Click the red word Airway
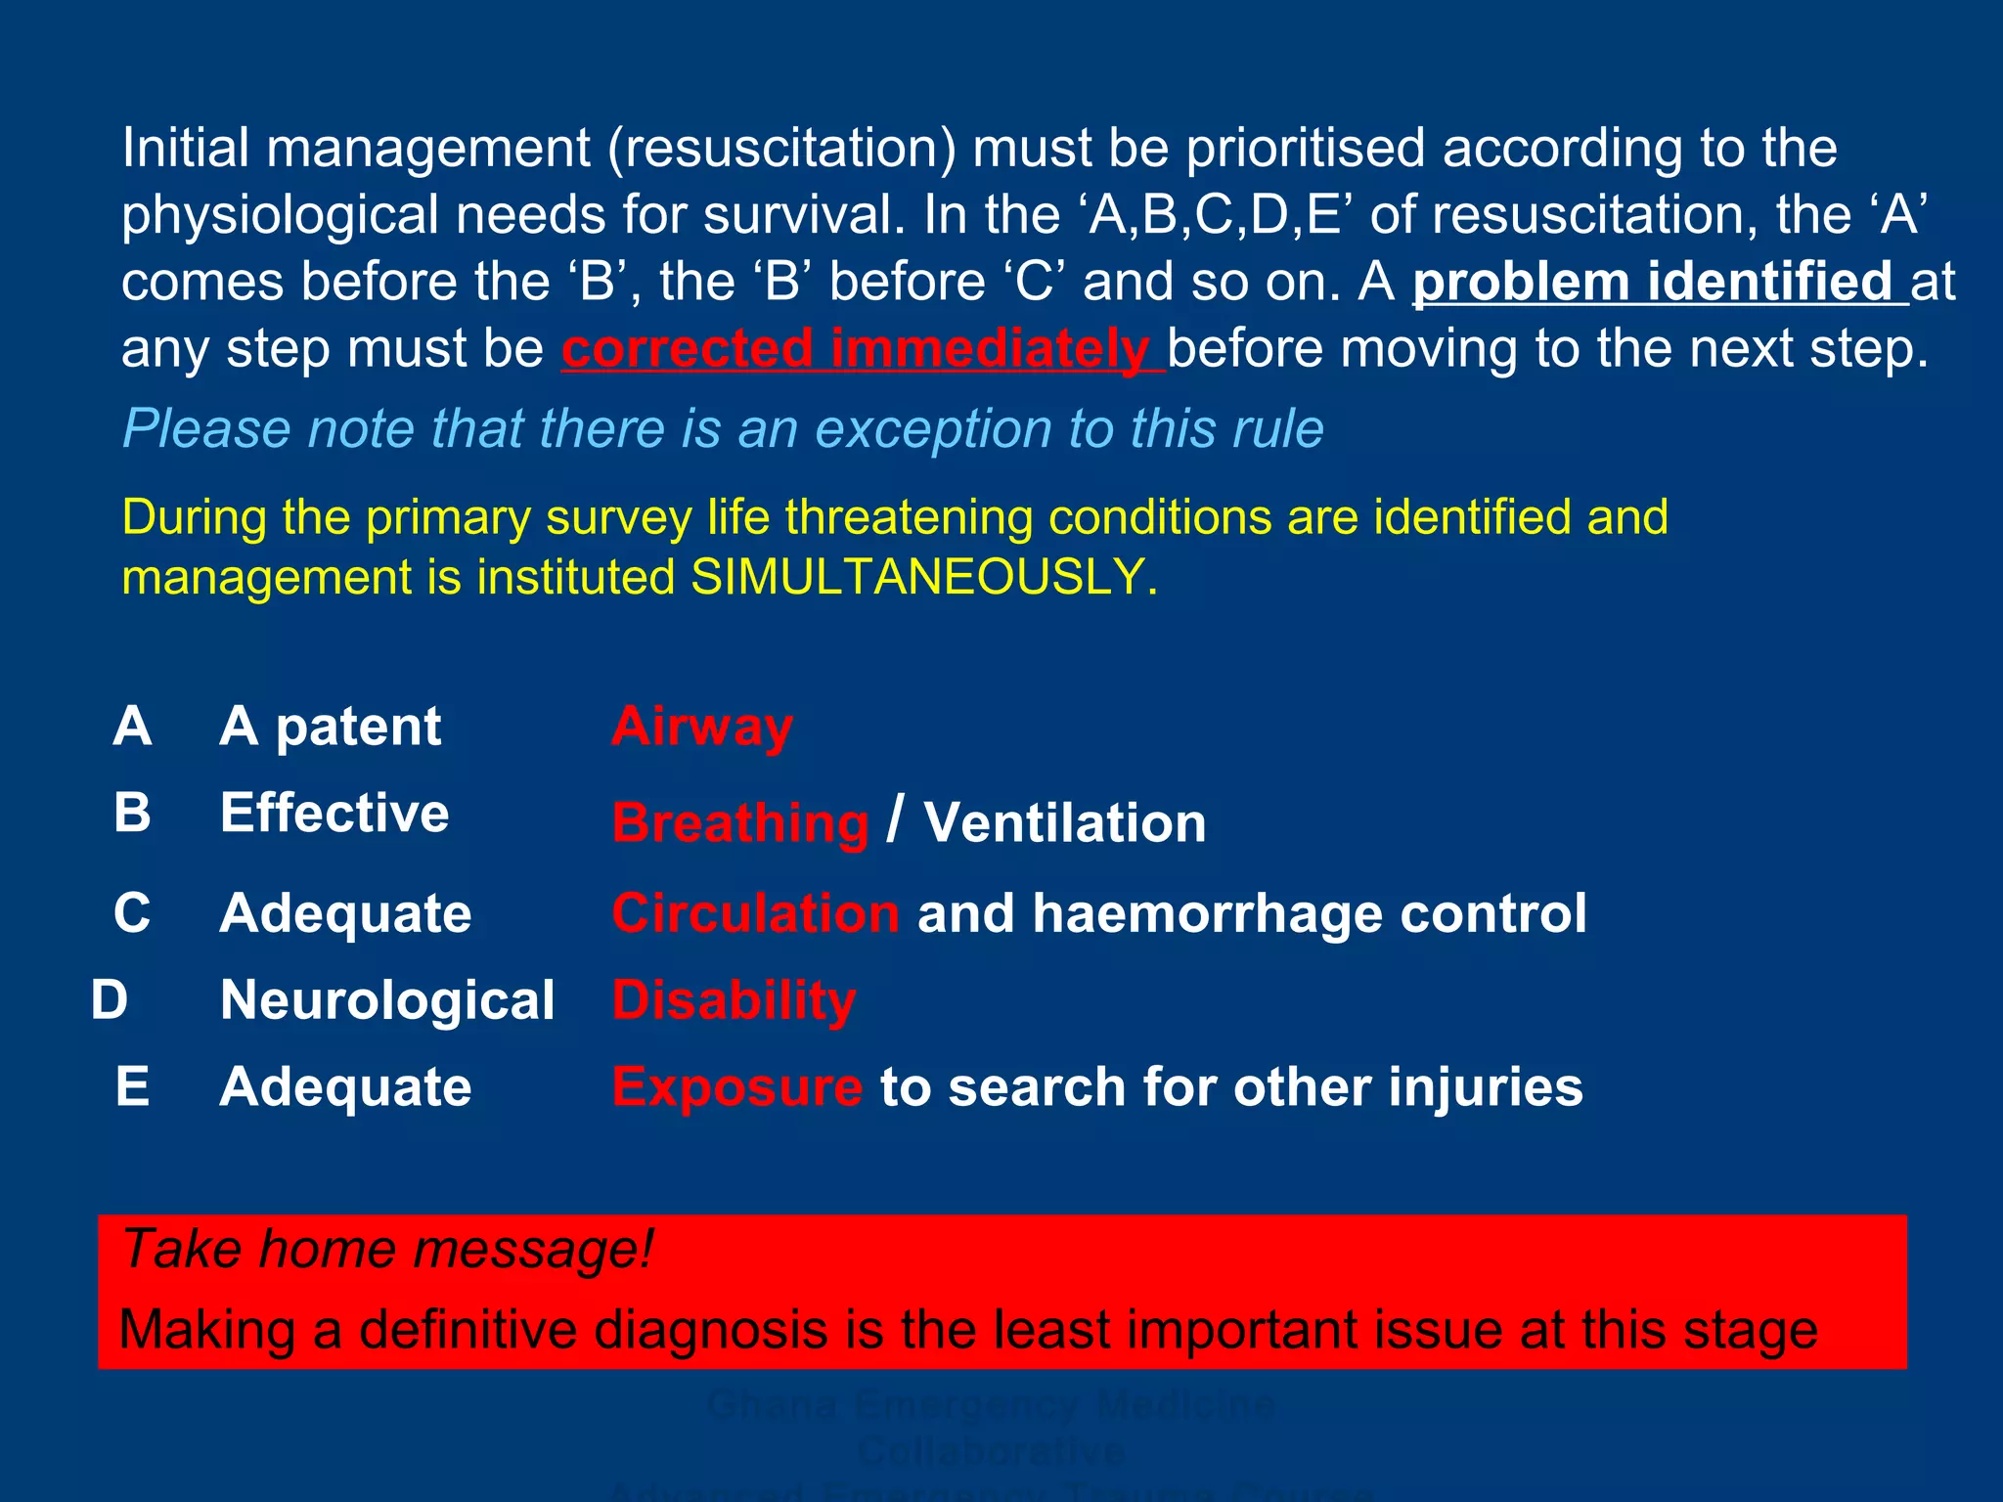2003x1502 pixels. point(702,728)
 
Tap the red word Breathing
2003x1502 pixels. point(740,822)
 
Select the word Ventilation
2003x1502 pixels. point(1065,822)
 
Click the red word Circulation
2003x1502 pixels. point(755,913)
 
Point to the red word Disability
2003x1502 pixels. point(734,1000)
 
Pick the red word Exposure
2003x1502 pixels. point(736,1087)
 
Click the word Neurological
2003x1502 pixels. point(387,1000)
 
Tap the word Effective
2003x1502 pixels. point(334,813)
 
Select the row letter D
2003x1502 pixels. point(110,1000)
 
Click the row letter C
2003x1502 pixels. point(132,913)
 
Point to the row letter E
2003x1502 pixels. point(132,1087)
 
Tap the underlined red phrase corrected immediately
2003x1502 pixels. point(862,349)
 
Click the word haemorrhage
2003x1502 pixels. point(1208,913)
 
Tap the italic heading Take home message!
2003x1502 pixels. point(387,1250)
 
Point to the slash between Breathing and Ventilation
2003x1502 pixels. point(895,819)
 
